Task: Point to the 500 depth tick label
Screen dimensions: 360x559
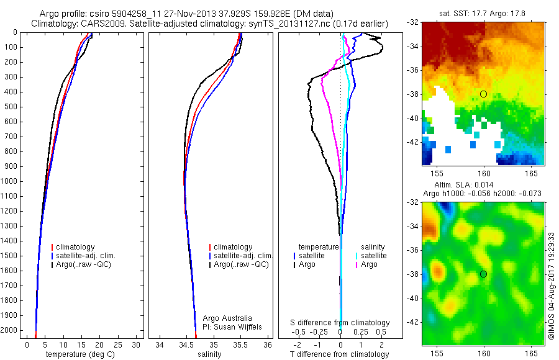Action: click(x=11, y=107)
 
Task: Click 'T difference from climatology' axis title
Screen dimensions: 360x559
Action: click(x=339, y=354)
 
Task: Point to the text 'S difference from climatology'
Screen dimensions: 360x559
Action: click(x=340, y=323)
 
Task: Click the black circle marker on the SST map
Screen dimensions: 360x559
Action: click(x=484, y=94)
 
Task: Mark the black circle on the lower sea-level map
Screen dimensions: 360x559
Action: click(x=484, y=274)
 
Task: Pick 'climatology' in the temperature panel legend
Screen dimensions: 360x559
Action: click(x=78, y=247)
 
